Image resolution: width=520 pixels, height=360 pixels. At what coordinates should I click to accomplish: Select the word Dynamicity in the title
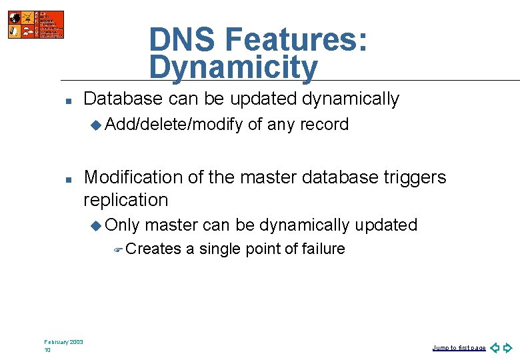tap(233, 68)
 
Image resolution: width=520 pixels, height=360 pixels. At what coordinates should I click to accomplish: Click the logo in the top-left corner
tap(36, 25)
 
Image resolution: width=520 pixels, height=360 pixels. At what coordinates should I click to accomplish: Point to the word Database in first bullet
tap(123, 99)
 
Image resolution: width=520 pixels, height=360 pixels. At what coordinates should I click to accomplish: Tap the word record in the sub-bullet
tap(324, 125)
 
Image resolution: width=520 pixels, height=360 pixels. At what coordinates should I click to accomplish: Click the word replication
tap(125, 200)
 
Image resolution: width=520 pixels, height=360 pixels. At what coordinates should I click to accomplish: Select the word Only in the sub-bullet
tap(122, 225)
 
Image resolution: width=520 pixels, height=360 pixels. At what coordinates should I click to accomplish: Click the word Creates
tap(153, 249)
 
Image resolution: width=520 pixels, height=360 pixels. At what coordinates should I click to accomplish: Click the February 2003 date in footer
tap(63, 342)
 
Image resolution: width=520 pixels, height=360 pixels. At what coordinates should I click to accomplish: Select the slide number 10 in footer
tap(47, 350)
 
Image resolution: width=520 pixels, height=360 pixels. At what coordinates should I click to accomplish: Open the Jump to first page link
tap(459, 348)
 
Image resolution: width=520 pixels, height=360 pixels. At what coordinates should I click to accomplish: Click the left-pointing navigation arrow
tap(494, 348)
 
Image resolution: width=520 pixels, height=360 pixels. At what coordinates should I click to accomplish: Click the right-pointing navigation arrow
tap(508, 348)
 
